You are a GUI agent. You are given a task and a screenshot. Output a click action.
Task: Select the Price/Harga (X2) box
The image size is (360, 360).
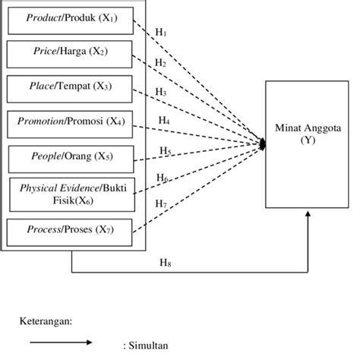[71, 53]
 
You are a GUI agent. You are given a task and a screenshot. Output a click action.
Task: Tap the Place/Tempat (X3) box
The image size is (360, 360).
[71, 87]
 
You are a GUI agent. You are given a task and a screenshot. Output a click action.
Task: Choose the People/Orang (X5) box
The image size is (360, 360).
[71, 158]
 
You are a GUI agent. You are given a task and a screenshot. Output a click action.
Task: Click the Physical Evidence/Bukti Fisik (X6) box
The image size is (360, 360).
[71, 193]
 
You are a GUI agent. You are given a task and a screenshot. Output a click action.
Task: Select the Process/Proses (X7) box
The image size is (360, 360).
[71, 228]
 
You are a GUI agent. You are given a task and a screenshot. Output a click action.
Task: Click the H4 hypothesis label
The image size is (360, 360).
[163, 120]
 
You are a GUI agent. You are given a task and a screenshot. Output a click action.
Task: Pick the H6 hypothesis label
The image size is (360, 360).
[163, 177]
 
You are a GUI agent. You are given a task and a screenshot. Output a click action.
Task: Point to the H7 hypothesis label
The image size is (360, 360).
[161, 204]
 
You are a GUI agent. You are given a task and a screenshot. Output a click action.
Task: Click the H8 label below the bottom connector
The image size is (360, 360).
[165, 263]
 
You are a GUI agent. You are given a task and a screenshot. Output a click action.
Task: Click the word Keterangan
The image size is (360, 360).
[45, 321]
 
